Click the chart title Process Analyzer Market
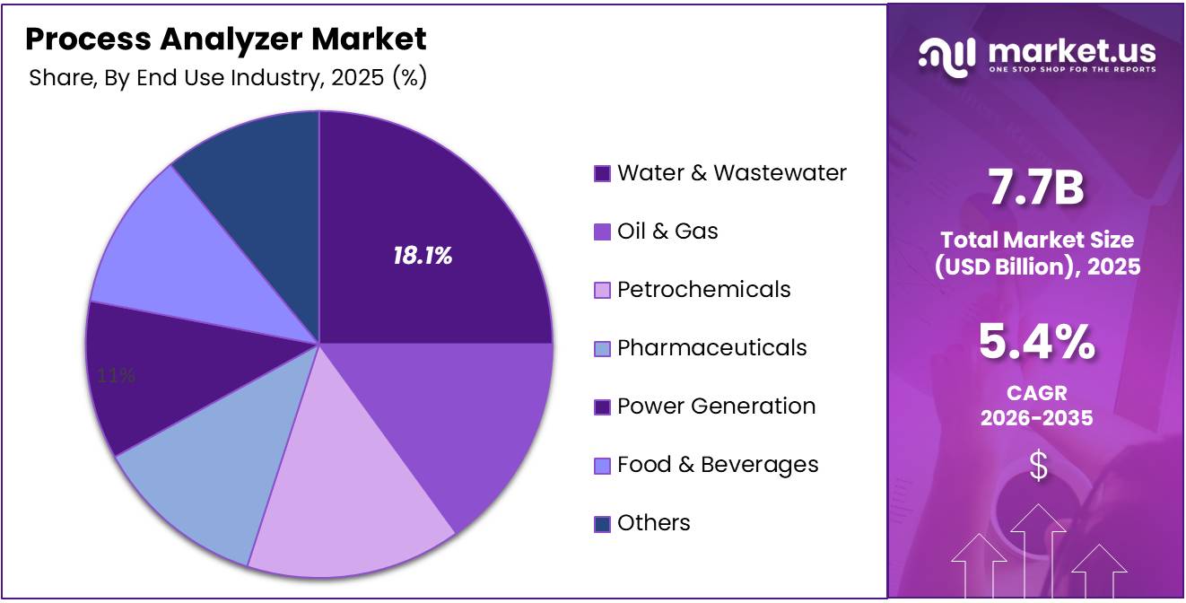(226, 39)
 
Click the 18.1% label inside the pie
(422, 257)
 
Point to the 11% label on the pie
(117, 376)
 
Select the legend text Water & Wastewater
(731, 172)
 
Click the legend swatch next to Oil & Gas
(602, 232)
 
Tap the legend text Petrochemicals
(703, 289)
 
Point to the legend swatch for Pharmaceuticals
(602, 348)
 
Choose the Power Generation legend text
(716, 406)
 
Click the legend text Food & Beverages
(718, 464)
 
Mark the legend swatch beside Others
(602, 523)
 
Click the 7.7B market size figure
(1037, 188)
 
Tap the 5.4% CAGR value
(1037, 342)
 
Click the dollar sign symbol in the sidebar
(1038, 467)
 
